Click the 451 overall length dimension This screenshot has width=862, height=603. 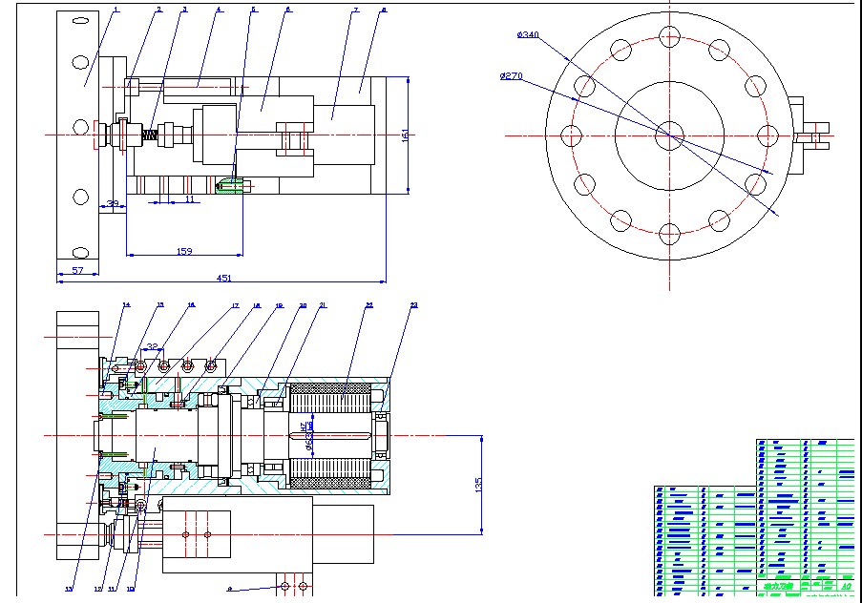tap(223, 278)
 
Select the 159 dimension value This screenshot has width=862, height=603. tap(184, 251)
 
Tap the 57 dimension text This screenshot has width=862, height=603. tap(78, 271)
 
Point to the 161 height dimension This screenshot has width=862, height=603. tap(404, 134)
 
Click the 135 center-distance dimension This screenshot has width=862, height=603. tap(478, 485)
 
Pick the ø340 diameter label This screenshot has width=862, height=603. tap(528, 34)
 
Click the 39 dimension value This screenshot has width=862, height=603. tap(112, 202)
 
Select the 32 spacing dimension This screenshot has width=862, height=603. tap(153, 347)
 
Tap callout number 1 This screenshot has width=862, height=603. tap(116, 10)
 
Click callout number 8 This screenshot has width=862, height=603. tap(384, 10)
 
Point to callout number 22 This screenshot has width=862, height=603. tap(369, 305)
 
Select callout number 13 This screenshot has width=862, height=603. tap(68, 589)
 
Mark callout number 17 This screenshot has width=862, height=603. tap(234, 305)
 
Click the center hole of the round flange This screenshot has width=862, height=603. tap(669, 135)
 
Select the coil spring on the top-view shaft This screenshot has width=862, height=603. tap(150, 135)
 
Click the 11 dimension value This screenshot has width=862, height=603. tap(189, 199)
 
